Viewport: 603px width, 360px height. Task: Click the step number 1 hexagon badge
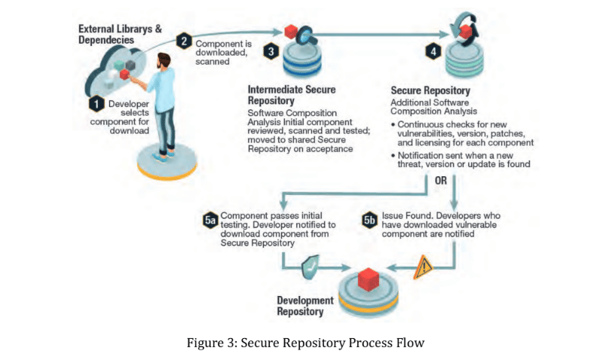(x=97, y=102)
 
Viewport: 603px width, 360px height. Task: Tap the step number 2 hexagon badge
(x=182, y=42)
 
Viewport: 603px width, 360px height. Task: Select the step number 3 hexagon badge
(x=271, y=51)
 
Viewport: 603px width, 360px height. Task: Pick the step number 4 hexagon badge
(x=433, y=51)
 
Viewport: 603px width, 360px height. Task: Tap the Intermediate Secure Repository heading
(x=292, y=93)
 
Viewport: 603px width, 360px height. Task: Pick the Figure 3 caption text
(x=306, y=343)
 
